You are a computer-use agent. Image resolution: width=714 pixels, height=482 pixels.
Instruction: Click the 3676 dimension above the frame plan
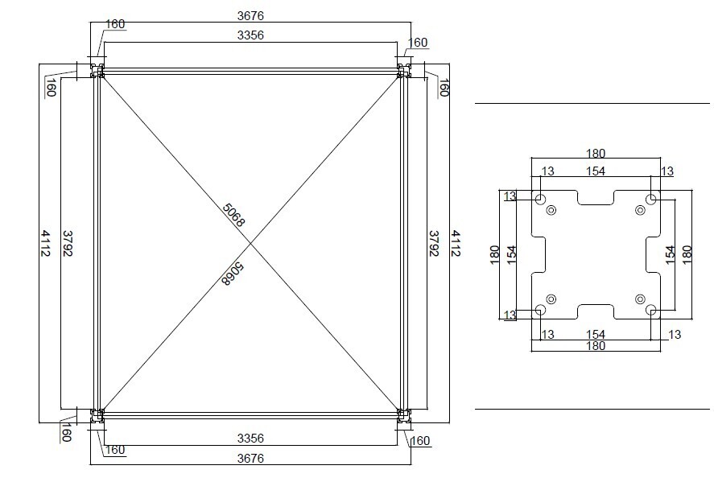[x=250, y=15]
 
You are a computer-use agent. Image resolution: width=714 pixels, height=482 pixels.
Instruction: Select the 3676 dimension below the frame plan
[x=250, y=458]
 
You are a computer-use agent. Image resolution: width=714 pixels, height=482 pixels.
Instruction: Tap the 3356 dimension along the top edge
[x=250, y=35]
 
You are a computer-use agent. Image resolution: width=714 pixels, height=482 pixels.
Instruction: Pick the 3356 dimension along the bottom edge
[x=250, y=439]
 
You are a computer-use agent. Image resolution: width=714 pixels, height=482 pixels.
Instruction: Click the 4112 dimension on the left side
[x=45, y=243]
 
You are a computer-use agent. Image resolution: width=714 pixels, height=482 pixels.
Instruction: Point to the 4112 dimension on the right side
[x=455, y=243]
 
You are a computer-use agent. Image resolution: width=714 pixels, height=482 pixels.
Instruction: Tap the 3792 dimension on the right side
[x=434, y=243]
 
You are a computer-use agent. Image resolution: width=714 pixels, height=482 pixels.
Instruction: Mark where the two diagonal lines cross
[x=250, y=242]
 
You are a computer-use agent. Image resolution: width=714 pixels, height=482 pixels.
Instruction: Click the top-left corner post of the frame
[x=97, y=72]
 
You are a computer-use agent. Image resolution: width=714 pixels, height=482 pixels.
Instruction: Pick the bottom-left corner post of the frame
[x=97, y=414]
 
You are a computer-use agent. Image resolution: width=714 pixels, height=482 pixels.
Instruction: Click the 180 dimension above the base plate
[x=596, y=154]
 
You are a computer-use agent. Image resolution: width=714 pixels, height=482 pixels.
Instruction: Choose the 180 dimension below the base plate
[x=596, y=346]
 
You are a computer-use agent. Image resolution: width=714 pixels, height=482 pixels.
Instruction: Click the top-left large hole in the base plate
[x=540, y=198]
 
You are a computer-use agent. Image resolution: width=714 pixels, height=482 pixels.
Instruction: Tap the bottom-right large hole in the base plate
[x=651, y=309]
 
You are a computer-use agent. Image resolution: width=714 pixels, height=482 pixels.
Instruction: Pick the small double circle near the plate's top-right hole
[x=640, y=210]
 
